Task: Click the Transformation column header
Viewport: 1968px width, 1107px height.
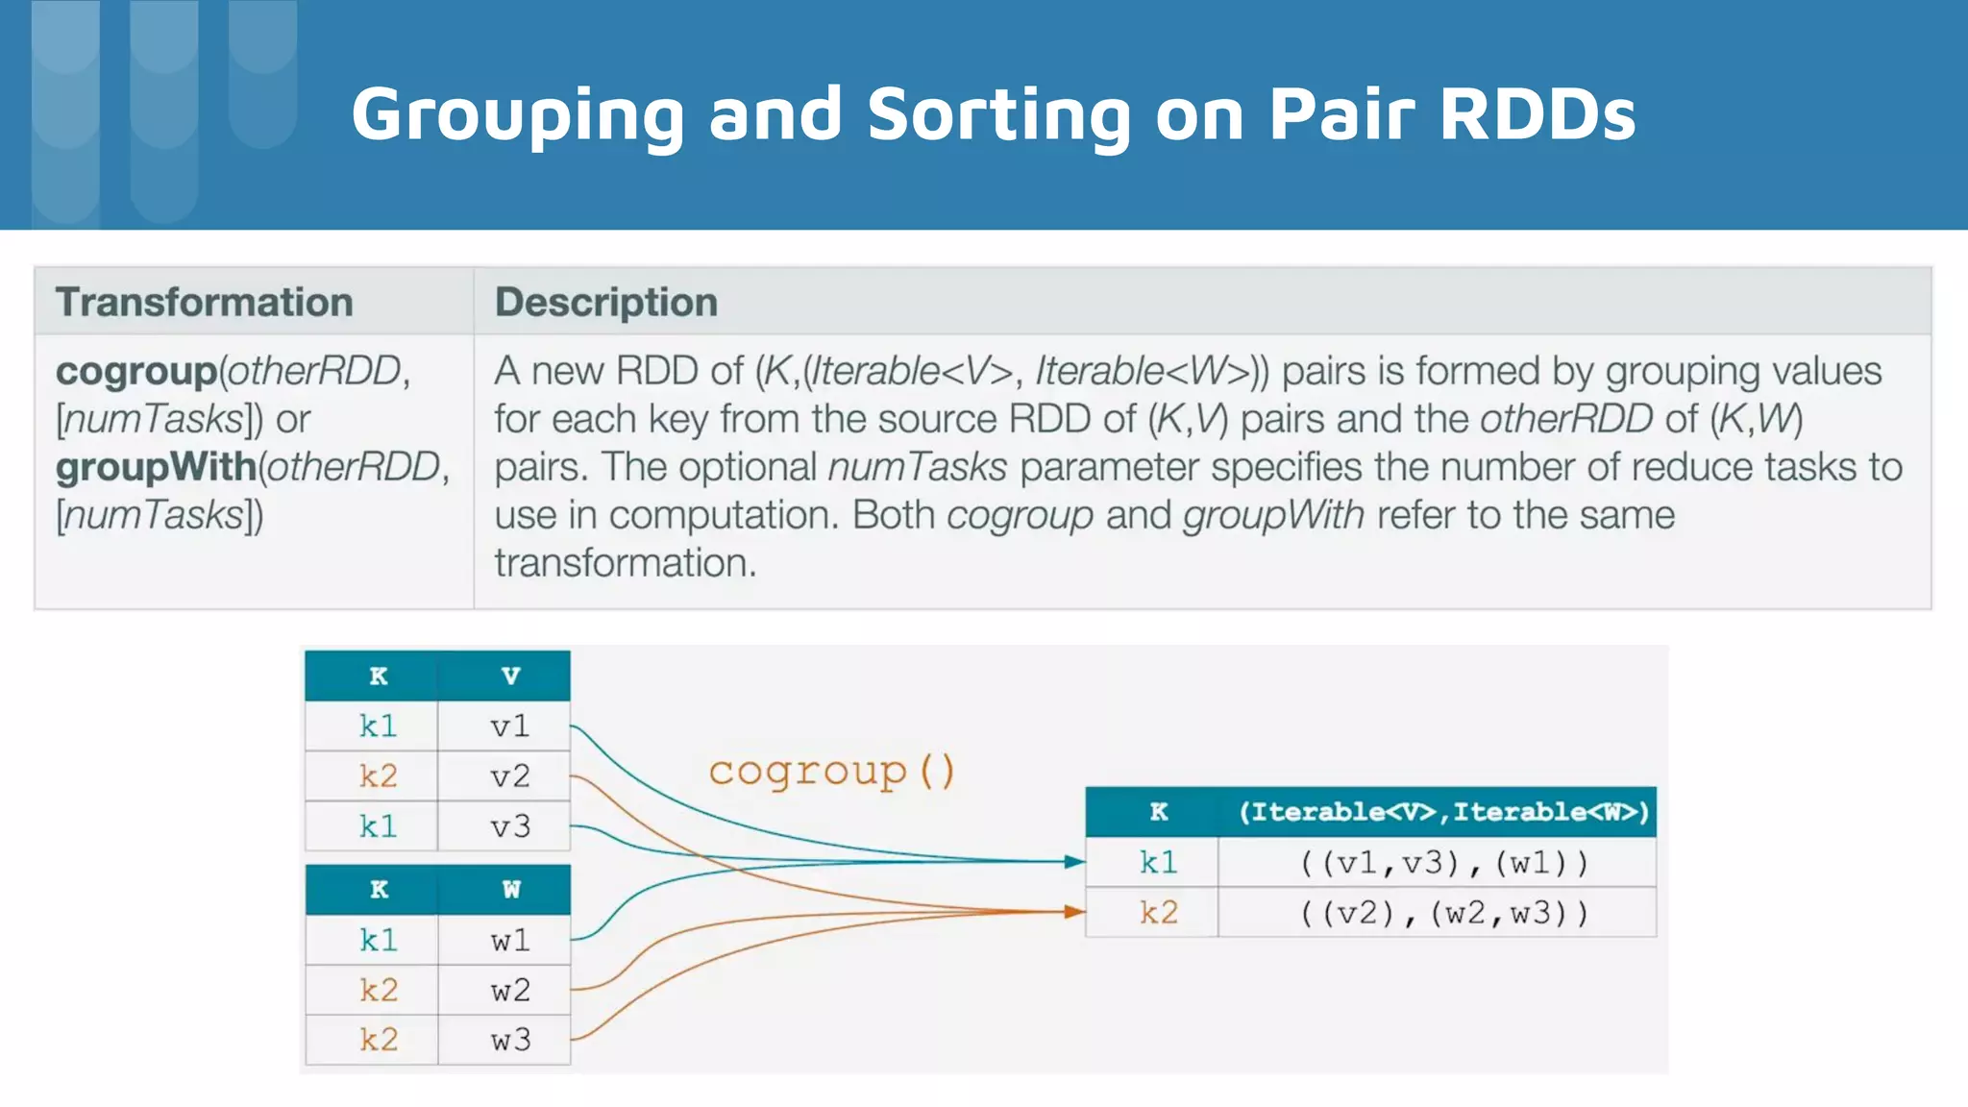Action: (204, 302)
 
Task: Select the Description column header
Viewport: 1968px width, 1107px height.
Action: (605, 302)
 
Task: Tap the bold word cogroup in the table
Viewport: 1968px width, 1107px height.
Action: (136, 371)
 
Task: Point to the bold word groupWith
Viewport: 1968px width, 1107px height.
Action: (156, 467)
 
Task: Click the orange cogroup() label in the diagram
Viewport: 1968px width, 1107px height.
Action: (831, 771)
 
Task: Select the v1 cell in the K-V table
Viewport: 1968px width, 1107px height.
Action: (509, 726)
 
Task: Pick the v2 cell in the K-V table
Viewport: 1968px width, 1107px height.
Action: (509, 776)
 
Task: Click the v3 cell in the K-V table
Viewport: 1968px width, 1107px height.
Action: (509, 826)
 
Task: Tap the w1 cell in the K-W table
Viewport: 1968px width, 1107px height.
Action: (509, 941)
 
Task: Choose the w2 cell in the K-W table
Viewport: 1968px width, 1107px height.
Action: (509, 991)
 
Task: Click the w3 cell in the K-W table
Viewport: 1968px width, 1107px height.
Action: (509, 1041)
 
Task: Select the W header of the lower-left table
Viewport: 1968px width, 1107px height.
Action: (510, 890)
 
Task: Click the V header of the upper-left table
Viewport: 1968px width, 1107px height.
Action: (510, 676)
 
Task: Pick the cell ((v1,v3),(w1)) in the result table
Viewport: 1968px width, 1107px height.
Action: (1443, 863)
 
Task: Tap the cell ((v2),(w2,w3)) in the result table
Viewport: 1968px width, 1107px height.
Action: (1443, 913)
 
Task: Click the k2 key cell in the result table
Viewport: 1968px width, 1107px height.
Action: (1158, 913)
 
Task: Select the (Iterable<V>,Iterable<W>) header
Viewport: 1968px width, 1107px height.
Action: (1443, 813)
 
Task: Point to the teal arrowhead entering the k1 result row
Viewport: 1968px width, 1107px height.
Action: (1074, 862)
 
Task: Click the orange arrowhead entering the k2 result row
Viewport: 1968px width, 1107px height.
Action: (1074, 911)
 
